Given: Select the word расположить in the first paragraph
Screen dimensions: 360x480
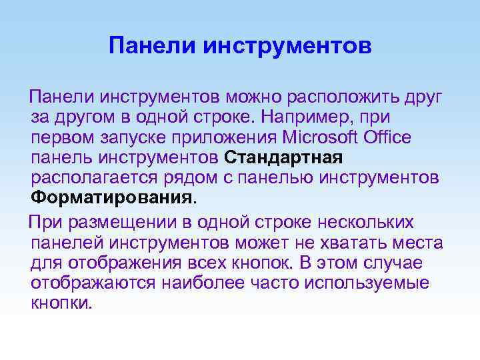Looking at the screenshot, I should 341,98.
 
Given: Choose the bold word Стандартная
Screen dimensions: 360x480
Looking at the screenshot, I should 284,159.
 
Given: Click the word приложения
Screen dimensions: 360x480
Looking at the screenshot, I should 212,138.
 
